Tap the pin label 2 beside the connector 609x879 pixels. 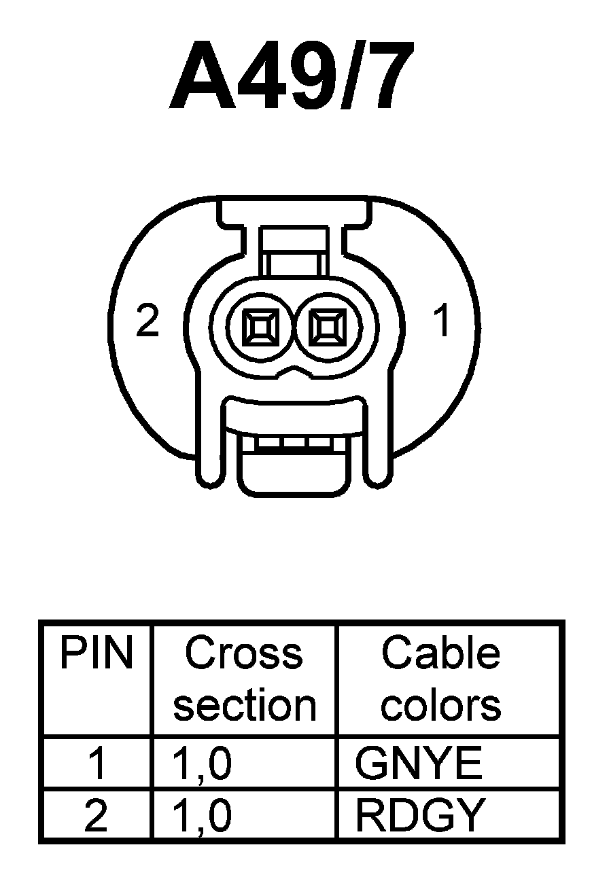(147, 321)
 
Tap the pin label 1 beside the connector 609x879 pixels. (442, 321)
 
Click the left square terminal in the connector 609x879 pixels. (261, 329)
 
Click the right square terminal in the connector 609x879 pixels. (326, 329)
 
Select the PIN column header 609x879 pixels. (96, 654)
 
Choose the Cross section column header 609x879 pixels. (245, 679)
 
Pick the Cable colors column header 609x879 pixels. (441, 679)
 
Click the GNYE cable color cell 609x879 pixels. (419, 764)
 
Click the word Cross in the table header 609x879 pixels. (244, 653)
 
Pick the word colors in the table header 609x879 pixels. (441, 706)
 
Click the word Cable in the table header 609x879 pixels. (441, 653)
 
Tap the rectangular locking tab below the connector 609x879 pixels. (294, 469)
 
